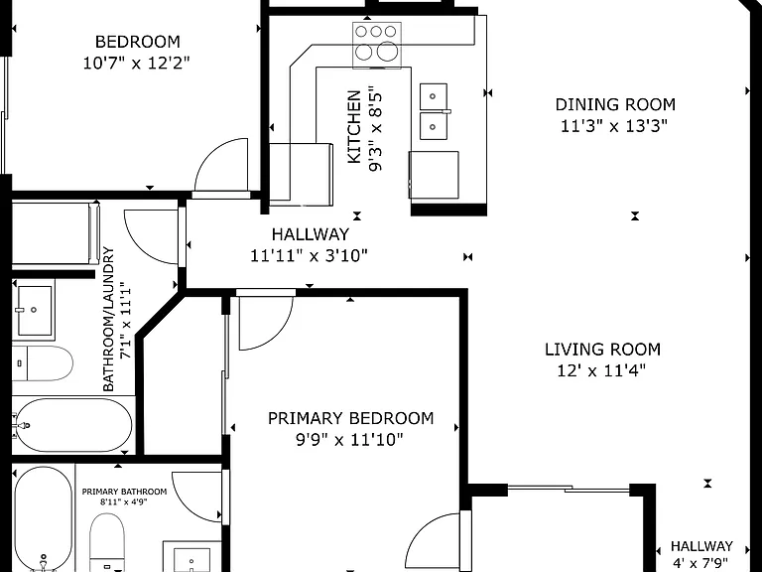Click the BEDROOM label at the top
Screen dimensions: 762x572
click(x=138, y=42)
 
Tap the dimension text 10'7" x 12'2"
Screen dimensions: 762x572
click(x=136, y=63)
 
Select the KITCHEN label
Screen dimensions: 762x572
click(x=354, y=126)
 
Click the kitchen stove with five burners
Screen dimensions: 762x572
click(x=377, y=46)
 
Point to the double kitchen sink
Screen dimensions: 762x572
click(x=434, y=111)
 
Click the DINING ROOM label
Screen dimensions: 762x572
click(x=615, y=104)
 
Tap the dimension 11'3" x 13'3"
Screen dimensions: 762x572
click(x=614, y=126)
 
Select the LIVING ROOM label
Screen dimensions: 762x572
click(x=602, y=350)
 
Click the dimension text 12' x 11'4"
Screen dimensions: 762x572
click(x=601, y=370)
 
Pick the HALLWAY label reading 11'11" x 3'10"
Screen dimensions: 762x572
click(x=310, y=234)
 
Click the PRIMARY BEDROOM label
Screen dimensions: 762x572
click(x=351, y=418)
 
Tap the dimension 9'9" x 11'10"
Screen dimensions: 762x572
click(x=350, y=440)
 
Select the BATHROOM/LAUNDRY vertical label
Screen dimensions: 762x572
click(x=109, y=319)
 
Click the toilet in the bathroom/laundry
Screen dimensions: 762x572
click(x=43, y=363)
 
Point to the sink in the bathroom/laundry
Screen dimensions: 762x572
click(x=34, y=310)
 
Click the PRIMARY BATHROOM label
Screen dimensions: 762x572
click(x=124, y=492)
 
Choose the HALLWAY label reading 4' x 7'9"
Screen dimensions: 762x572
click(x=701, y=546)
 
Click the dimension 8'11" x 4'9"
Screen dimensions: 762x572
click(x=124, y=501)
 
